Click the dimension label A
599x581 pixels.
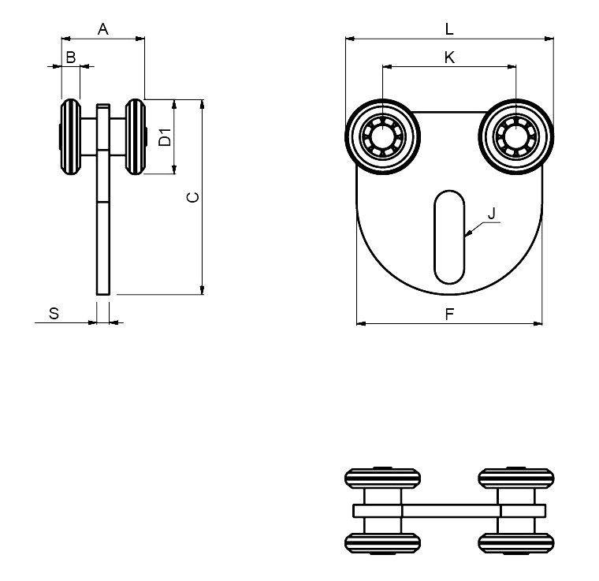pyautogui.click(x=102, y=29)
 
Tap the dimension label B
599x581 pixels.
pyautogui.click(x=71, y=58)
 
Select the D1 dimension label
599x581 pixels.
pyautogui.click(x=165, y=137)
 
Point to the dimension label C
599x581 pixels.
pyautogui.click(x=193, y=197)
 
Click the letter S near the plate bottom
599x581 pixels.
pyautogui.click(x=54, y=313)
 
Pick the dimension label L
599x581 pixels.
pyautogui.click(x=449, y=29)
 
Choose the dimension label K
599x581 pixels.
pyautogui.click(x=449, y=58)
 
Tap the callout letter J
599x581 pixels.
pyautogui.click(x=492, y=213)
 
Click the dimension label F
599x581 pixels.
pyautogui.click(x=449, y=314)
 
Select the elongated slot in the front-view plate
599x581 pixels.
pyautogui.click(x=449, y=236)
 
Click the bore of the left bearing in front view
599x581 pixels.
pyautogui.click(x=382, y=136)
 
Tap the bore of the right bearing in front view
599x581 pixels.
pyautogui.click(x=515, y=136)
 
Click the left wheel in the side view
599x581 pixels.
pyautogui.click(x=71, y=136)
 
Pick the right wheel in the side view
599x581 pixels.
pyautogui.click(x=136, y=136)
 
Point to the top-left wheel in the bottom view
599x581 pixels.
pyautogui.click(x=382, y=478)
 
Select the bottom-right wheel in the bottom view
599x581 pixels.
pyautogui.click(x=516, y=543)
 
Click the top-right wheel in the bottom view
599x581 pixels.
pyautogui.click(x=516, y=478)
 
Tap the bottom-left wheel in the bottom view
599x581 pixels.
pyautogui.click(x=382, y=543)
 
